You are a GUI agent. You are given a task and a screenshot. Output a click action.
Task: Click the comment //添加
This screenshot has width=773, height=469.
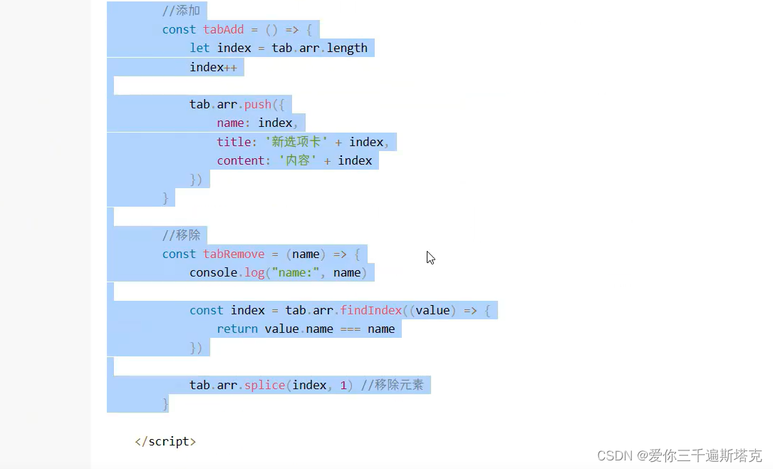[181, 11]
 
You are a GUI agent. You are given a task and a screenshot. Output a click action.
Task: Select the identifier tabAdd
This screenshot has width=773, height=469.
[223, 29]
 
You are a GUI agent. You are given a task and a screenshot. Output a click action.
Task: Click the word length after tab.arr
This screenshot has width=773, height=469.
[347, 48]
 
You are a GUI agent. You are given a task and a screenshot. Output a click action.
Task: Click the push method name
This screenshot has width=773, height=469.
[257, 104]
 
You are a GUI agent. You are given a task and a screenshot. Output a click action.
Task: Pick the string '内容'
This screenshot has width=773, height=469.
[297, 160]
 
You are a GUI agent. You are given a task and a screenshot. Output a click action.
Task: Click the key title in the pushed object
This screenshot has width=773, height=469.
[234, 142]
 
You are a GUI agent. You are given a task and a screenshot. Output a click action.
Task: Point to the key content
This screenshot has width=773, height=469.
[241, 160]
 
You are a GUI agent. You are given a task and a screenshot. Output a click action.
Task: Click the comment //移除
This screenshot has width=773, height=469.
[181, 235]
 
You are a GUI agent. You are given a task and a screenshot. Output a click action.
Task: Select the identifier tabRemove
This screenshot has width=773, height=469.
[233, 254]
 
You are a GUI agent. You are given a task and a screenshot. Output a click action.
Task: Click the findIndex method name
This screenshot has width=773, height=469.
[370, 310]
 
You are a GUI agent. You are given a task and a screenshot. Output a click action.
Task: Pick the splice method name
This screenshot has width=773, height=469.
[264, 385]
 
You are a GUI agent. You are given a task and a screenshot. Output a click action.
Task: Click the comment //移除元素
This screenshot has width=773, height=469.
[392, 385]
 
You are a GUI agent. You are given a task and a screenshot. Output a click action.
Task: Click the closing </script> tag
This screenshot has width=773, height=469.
[165, 441]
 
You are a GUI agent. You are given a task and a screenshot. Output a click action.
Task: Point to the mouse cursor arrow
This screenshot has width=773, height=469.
[430, 257]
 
